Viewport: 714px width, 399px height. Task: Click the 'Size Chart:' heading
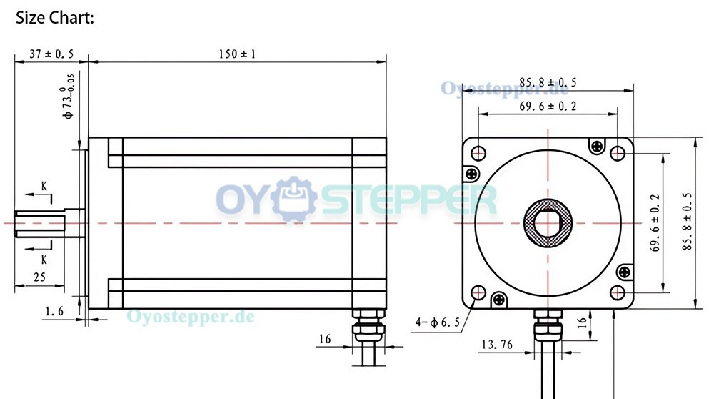tap(55, 18)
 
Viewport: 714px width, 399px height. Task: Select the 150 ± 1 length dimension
tap(237, 54)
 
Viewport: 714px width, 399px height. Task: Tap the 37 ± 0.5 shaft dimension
tap(51, 54)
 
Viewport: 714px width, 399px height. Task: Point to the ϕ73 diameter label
tap(69, 97)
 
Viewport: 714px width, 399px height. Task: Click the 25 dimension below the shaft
tap(39, 277)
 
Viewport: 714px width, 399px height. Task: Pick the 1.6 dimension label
tap(54, 312)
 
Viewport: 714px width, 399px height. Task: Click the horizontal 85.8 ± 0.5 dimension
tap(548, 82)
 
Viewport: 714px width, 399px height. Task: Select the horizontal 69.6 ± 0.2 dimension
tap(548, 107)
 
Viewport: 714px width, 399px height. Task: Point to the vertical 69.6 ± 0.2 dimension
tap(655, 222)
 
